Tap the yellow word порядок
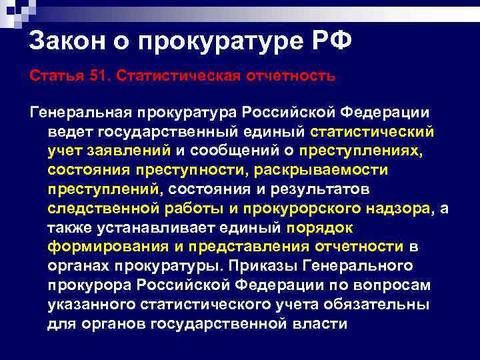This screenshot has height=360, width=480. pos(319,227)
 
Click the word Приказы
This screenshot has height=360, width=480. pos(259,266)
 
